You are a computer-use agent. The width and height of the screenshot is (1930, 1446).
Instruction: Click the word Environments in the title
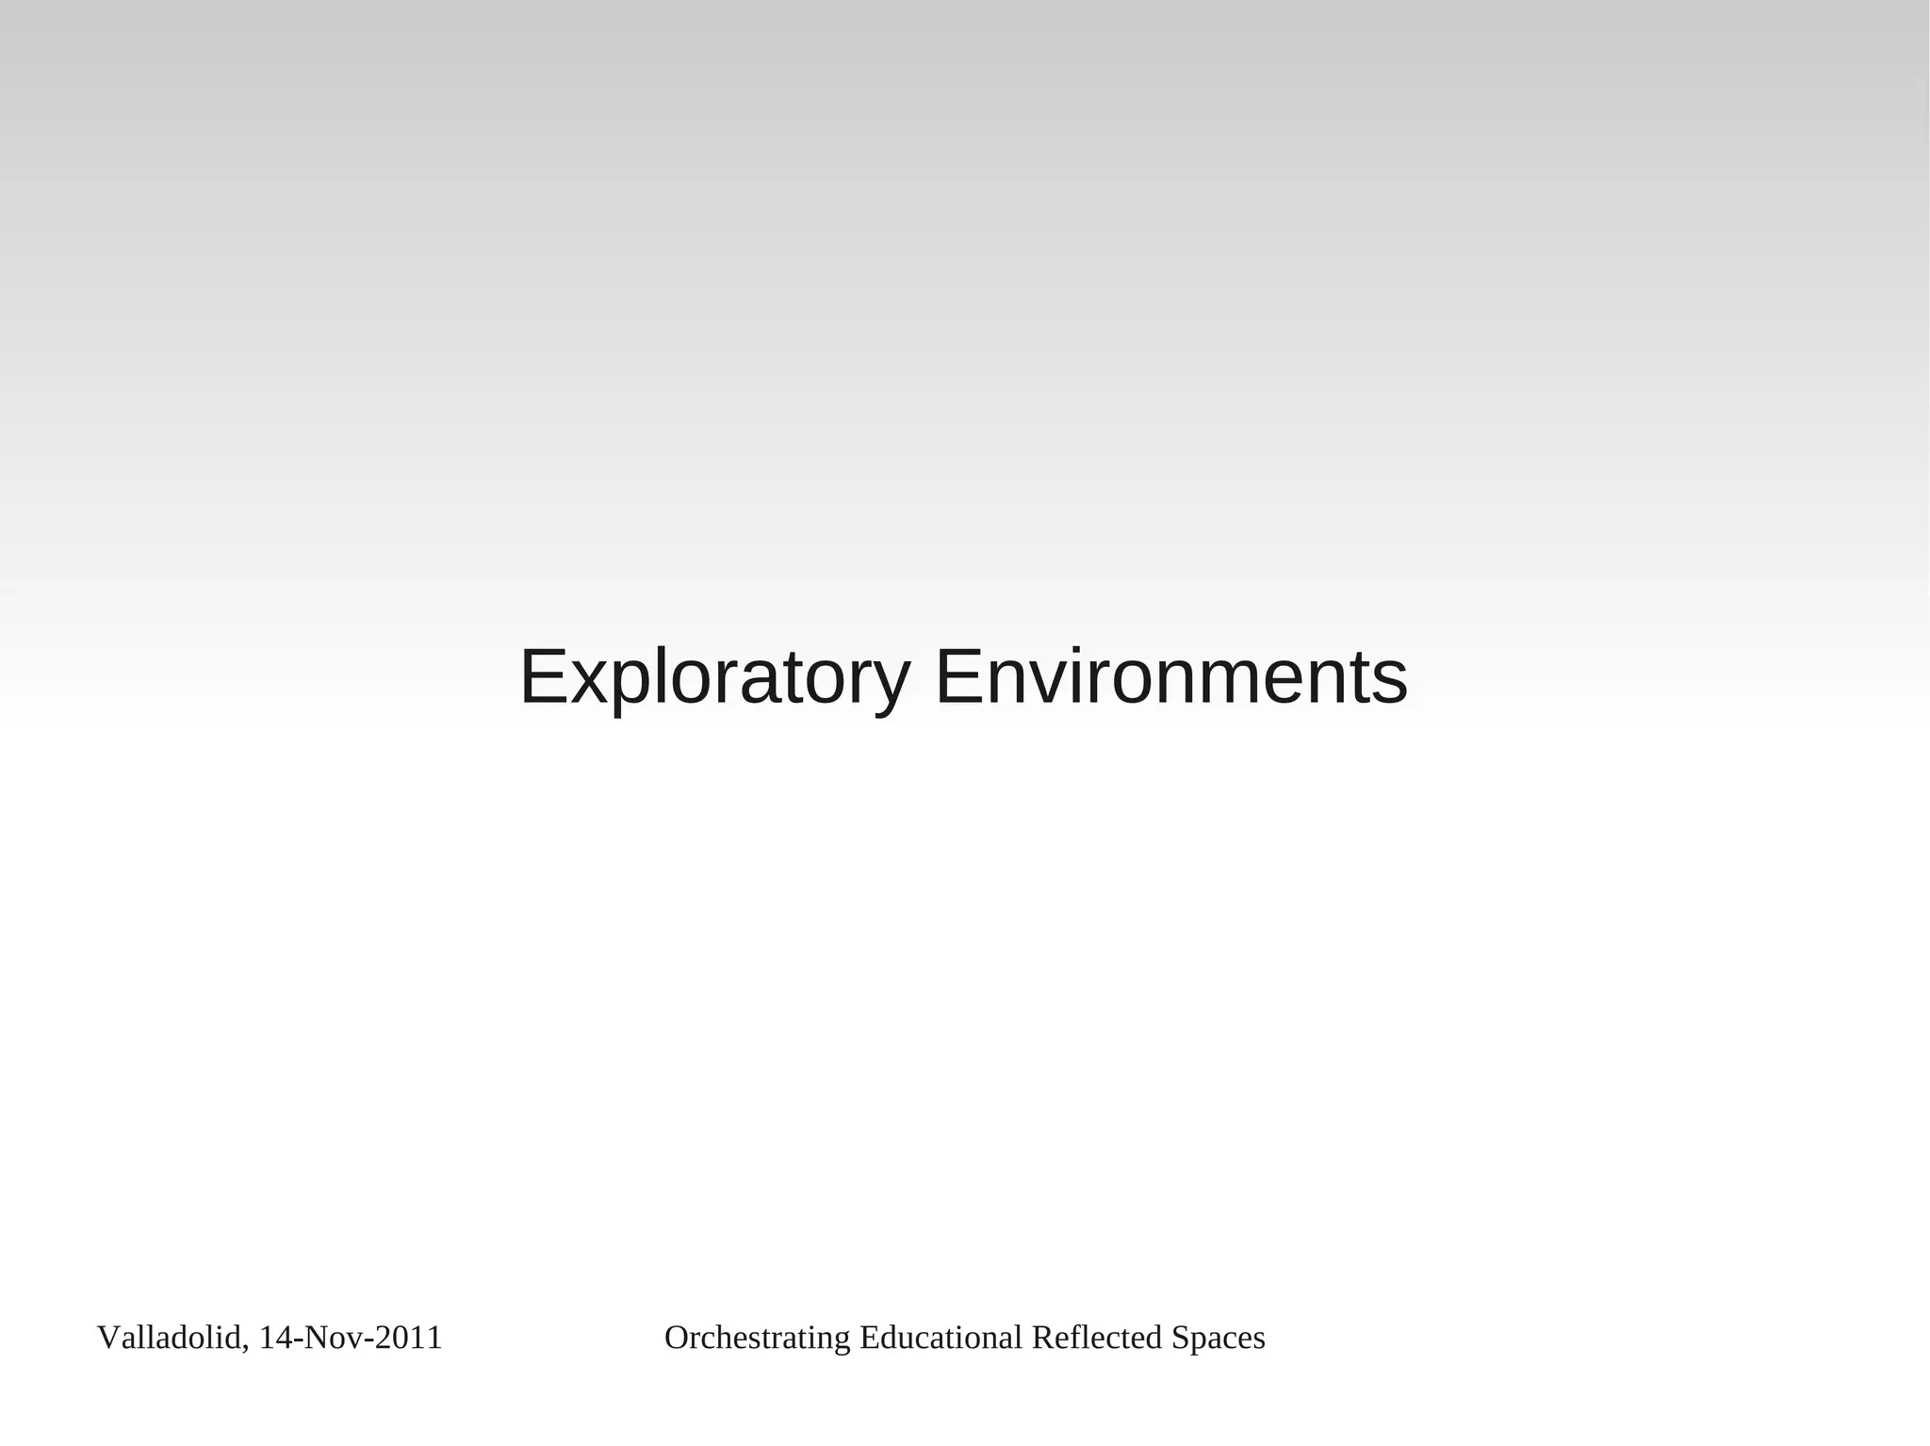(1170, 676)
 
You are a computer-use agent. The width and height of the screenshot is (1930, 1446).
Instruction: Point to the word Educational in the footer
(940, 1338)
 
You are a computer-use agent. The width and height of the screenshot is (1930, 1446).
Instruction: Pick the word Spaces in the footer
(1219, 1338)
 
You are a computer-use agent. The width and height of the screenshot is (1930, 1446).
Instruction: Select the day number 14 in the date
(274, 1338)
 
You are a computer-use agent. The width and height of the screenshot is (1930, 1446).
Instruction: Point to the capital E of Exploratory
(542, 676)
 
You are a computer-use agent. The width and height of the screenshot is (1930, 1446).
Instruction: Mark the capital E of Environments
(956, 676)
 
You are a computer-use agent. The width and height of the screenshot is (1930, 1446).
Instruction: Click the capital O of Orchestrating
(676, 1338)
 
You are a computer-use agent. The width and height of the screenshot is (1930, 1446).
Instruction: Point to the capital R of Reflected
(1041, 1338)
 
